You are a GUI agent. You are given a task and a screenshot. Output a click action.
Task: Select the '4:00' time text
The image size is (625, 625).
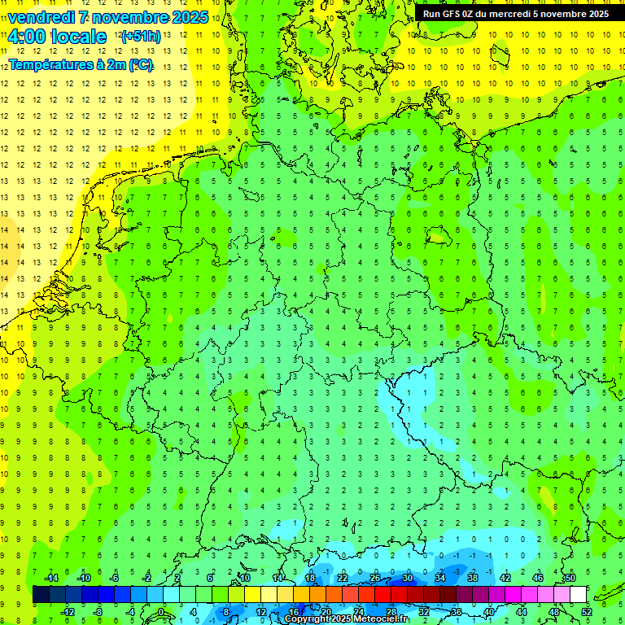coord(26,37)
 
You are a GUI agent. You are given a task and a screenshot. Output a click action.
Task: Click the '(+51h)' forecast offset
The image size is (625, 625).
coord(141,37)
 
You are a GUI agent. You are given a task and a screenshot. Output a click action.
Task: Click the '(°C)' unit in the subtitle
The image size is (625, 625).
coord(141,64)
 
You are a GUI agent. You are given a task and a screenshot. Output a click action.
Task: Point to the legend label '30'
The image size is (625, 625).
coord(408,578)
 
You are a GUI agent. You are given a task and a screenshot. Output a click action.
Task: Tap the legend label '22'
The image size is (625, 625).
coord(343,578)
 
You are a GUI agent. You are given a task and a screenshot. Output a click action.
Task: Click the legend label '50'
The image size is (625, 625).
coord(570,578)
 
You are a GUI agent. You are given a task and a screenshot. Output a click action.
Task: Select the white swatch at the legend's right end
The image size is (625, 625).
coord(579,595)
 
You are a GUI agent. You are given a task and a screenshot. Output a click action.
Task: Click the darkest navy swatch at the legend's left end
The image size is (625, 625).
coord(42,595)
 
